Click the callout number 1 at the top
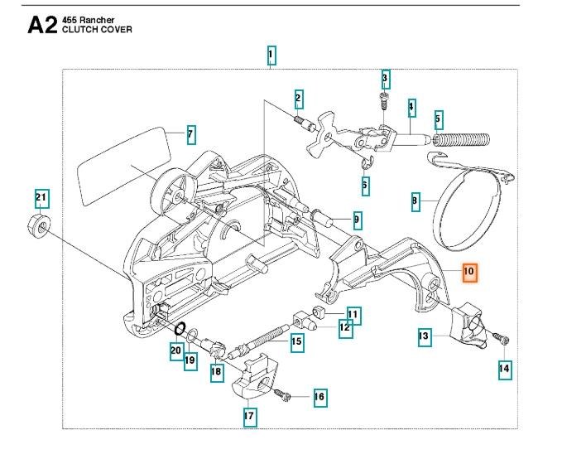click(271, 56)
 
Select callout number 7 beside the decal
click(190, 133)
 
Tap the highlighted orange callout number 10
click(468, 271)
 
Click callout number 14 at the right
click(504, 369)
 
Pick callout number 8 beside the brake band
click(416, 200)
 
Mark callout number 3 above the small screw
click(385, 79)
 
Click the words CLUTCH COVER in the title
click(95, 30)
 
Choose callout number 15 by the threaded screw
click(295, 341)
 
